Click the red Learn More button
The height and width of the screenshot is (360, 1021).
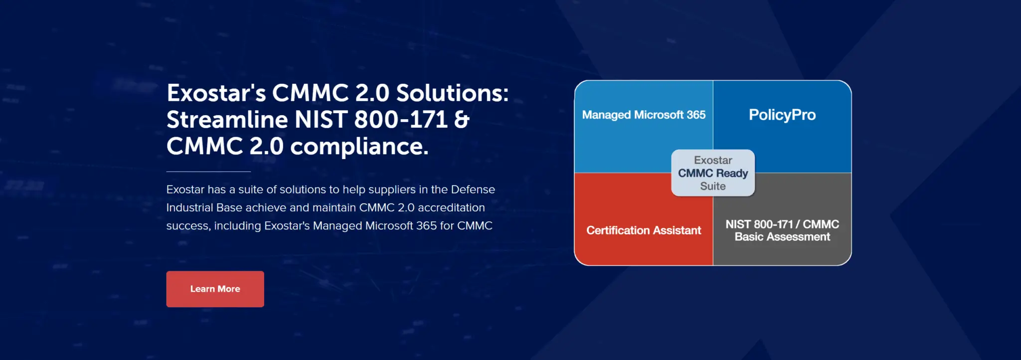click(215, 289)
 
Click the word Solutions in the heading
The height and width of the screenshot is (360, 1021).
click(452, 93)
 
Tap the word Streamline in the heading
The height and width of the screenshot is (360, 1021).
click(227, 120)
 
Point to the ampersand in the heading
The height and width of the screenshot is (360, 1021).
click(462, 120)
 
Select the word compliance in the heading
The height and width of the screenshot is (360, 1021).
click(359, 147)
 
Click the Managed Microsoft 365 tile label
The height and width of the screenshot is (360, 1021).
click(644, 115)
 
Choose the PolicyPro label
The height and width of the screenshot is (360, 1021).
click(782, 115)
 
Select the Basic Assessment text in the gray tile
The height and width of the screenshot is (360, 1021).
click(782, 237)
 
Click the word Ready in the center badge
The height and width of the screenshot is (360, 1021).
click(732, 174)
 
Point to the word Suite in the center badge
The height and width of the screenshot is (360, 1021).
click(713, 186)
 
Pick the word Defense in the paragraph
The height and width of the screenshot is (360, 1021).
click(473, 189)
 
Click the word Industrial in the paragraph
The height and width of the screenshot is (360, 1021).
click(190, 207)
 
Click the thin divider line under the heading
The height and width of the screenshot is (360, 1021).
click(208, 172)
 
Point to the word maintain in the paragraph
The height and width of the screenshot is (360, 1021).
click(336, 207)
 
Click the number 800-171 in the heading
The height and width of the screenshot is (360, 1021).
click(401, 120)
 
